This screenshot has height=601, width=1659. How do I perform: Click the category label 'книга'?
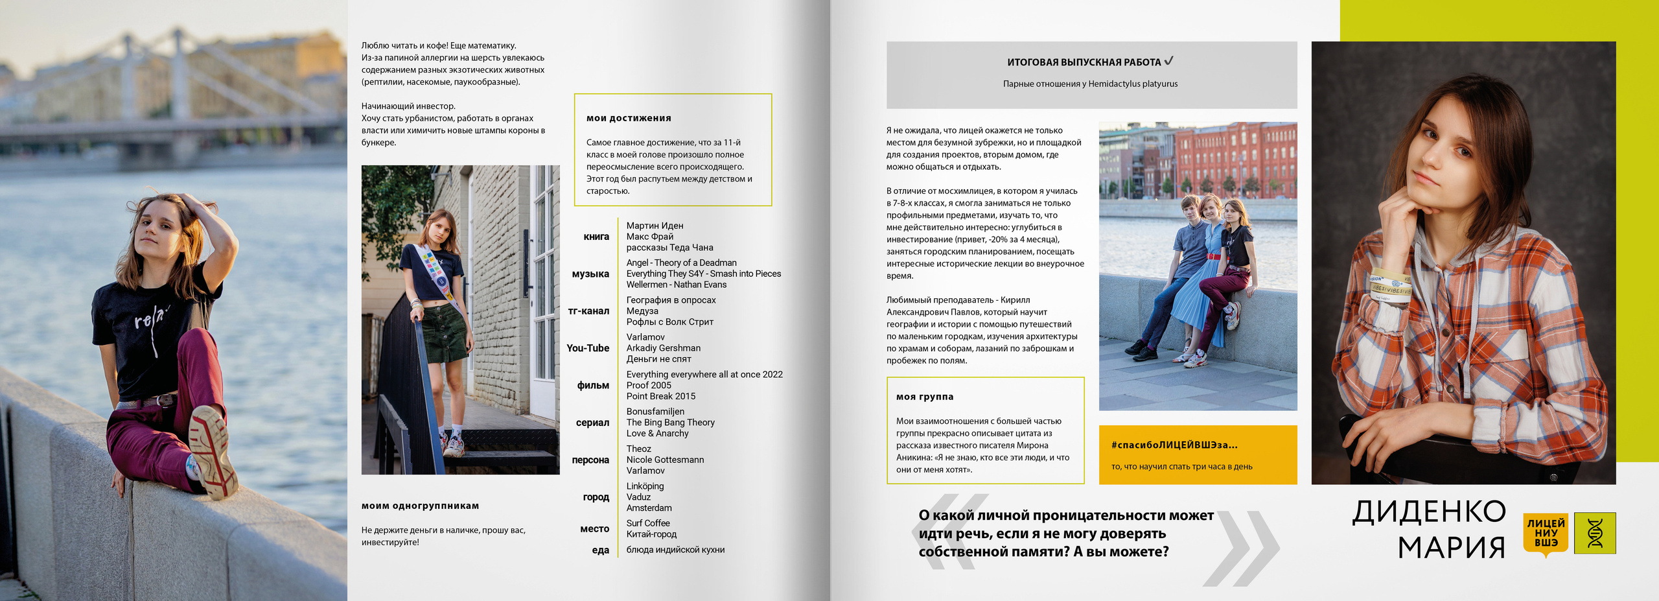(596, 237)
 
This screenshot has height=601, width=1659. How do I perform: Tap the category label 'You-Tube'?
(588, 348)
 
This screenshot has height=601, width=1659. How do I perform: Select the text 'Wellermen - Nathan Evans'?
(676, 285)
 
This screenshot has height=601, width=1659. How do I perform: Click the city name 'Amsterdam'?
(649, 508)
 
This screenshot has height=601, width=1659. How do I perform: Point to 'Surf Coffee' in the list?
(648, 523)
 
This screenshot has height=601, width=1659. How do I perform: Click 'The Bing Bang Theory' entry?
(670, 422)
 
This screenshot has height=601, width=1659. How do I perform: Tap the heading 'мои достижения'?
(629, 118)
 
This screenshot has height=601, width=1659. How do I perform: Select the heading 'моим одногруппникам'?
(420, 506)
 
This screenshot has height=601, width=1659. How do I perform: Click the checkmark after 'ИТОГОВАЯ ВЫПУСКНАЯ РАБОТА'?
(1168, 61)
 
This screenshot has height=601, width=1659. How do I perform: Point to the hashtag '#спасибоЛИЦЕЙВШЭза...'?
(1174, 445)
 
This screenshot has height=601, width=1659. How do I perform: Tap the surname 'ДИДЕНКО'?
(1429, 512)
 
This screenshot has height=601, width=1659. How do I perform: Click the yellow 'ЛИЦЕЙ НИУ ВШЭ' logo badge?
(1546, 533)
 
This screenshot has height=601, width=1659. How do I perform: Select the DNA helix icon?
(1595, 533)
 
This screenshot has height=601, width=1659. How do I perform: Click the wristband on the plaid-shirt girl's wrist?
(1389, 286)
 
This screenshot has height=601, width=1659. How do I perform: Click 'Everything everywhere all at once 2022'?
(704, 374)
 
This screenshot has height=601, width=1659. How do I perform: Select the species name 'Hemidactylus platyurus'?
(1133, 84)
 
